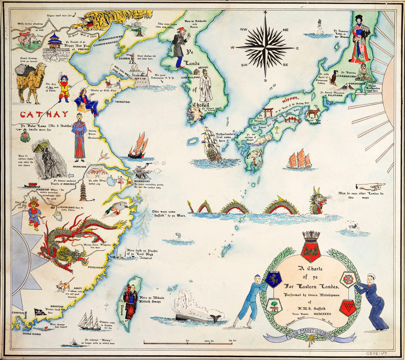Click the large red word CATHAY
pyautogui.click(x=44, y=115)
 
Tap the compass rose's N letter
pyautogui.click(x=265, y=13)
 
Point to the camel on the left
pyautogui.click(x=31, y=81)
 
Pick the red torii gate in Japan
pyautogui.click(x=268, y=112)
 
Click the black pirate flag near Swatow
pyautogui.click(x=39, y=312)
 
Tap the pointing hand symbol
pyautogui.click(x=369, y=187)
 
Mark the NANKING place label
pyautogui.click(x=79, y=167)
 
